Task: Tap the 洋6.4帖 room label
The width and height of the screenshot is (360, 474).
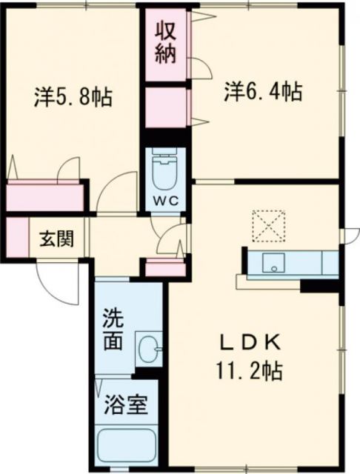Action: pos(263,93)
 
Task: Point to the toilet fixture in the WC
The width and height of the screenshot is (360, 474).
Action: pos(164,172)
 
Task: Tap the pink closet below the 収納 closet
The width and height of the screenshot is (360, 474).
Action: pos(164,107)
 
